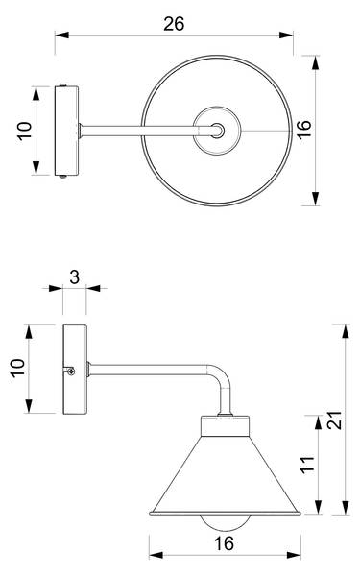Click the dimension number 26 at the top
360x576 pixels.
point(174,24)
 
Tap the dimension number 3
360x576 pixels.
point(75,277)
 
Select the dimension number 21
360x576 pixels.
point(335,420)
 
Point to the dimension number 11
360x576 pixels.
point(308,465)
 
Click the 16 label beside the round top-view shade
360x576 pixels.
point(304,130)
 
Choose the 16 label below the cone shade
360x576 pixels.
point(224,543)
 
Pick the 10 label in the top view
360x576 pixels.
point(25,132)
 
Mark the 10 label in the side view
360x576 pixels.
point(17,369)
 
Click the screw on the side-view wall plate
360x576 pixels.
point(70,371)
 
